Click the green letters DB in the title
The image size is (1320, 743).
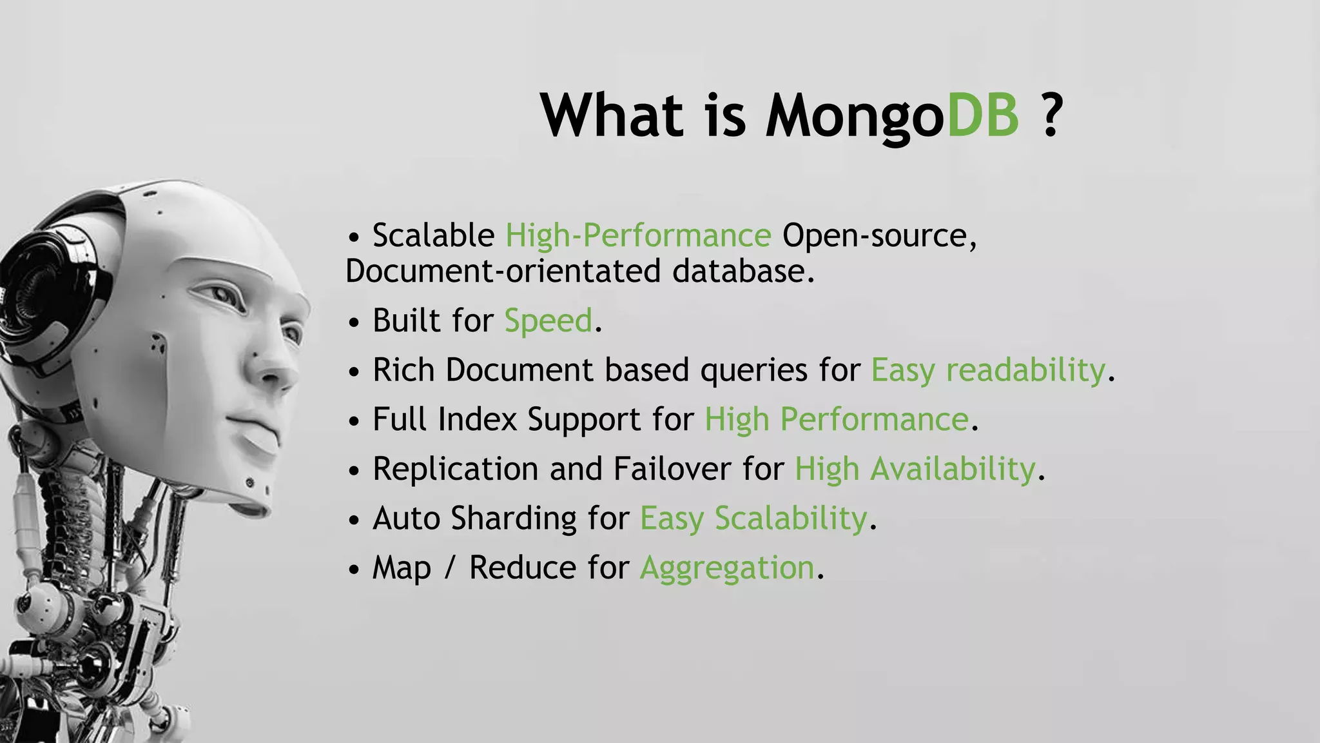click(x=982, y=115)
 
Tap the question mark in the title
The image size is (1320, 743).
click(x=1051, y=115)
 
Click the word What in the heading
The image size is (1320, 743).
click(x=612, y=115)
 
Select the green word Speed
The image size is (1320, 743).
click(x=548, y=321)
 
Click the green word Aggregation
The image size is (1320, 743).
click(x=727, y=568)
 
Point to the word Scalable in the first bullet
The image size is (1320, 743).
click(x=433, y=235)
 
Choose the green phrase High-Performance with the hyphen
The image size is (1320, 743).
click(x=638, y=235)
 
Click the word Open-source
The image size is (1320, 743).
click(x=879, y=235)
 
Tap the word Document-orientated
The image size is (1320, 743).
click(x=503, y=271)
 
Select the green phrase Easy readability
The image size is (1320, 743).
click(x=988, y=371)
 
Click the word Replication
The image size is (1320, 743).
click(x=455, y=469)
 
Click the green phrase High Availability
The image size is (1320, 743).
click(x=915, y=469)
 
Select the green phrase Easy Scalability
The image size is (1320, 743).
click(x=753, y=519)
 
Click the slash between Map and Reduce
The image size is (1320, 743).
click(x=450, y=568)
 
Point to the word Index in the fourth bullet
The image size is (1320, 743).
click(x=477, y=420)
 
